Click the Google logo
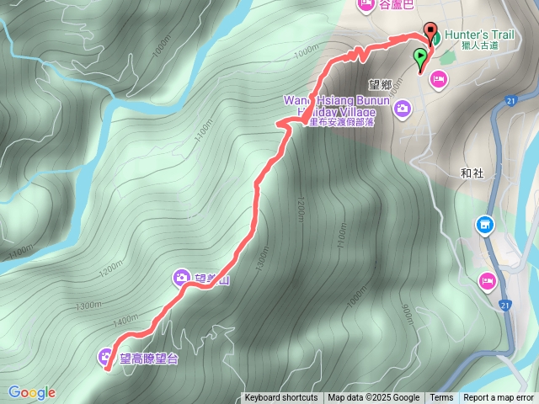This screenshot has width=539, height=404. [32, 392]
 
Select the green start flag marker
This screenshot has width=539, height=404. [420, 57]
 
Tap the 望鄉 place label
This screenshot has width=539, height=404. [382, 83]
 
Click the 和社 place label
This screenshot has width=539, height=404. [472, 173]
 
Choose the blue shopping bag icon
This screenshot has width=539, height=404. [484, 225]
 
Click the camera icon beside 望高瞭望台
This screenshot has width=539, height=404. [106, 357]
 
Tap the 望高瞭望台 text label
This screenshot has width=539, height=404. [149, 359]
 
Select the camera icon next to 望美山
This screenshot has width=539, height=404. [182, 277]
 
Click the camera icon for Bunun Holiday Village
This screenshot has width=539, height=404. [403, 108]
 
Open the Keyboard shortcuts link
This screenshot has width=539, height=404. [281, 398]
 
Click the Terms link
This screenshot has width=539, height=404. [441, 398]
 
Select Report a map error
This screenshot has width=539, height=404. [499, 398]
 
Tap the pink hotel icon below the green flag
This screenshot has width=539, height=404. [438, 79]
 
